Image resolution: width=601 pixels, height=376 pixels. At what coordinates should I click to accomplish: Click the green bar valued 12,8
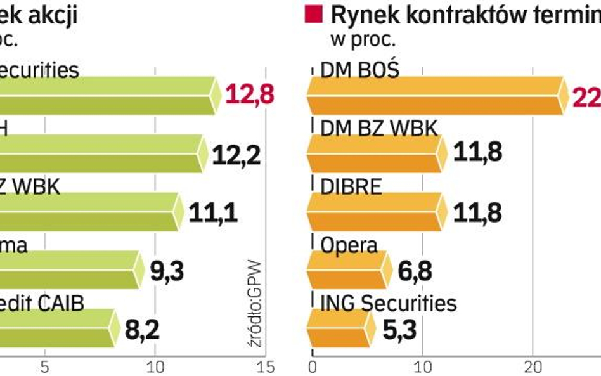[x=108, y=96]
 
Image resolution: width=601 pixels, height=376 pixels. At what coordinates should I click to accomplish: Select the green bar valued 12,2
[x=101, y=153]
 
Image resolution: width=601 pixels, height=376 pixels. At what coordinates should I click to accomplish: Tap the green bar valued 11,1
[x=89, y=212]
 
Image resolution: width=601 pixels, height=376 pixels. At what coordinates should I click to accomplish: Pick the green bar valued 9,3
[x=70, y=269]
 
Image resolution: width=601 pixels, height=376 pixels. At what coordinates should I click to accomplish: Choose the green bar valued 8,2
[x=57, y=328]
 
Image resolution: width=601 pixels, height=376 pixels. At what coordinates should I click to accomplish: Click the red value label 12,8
[x=250, y=96]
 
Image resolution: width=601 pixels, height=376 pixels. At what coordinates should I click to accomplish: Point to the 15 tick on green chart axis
[x=265, y=366]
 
